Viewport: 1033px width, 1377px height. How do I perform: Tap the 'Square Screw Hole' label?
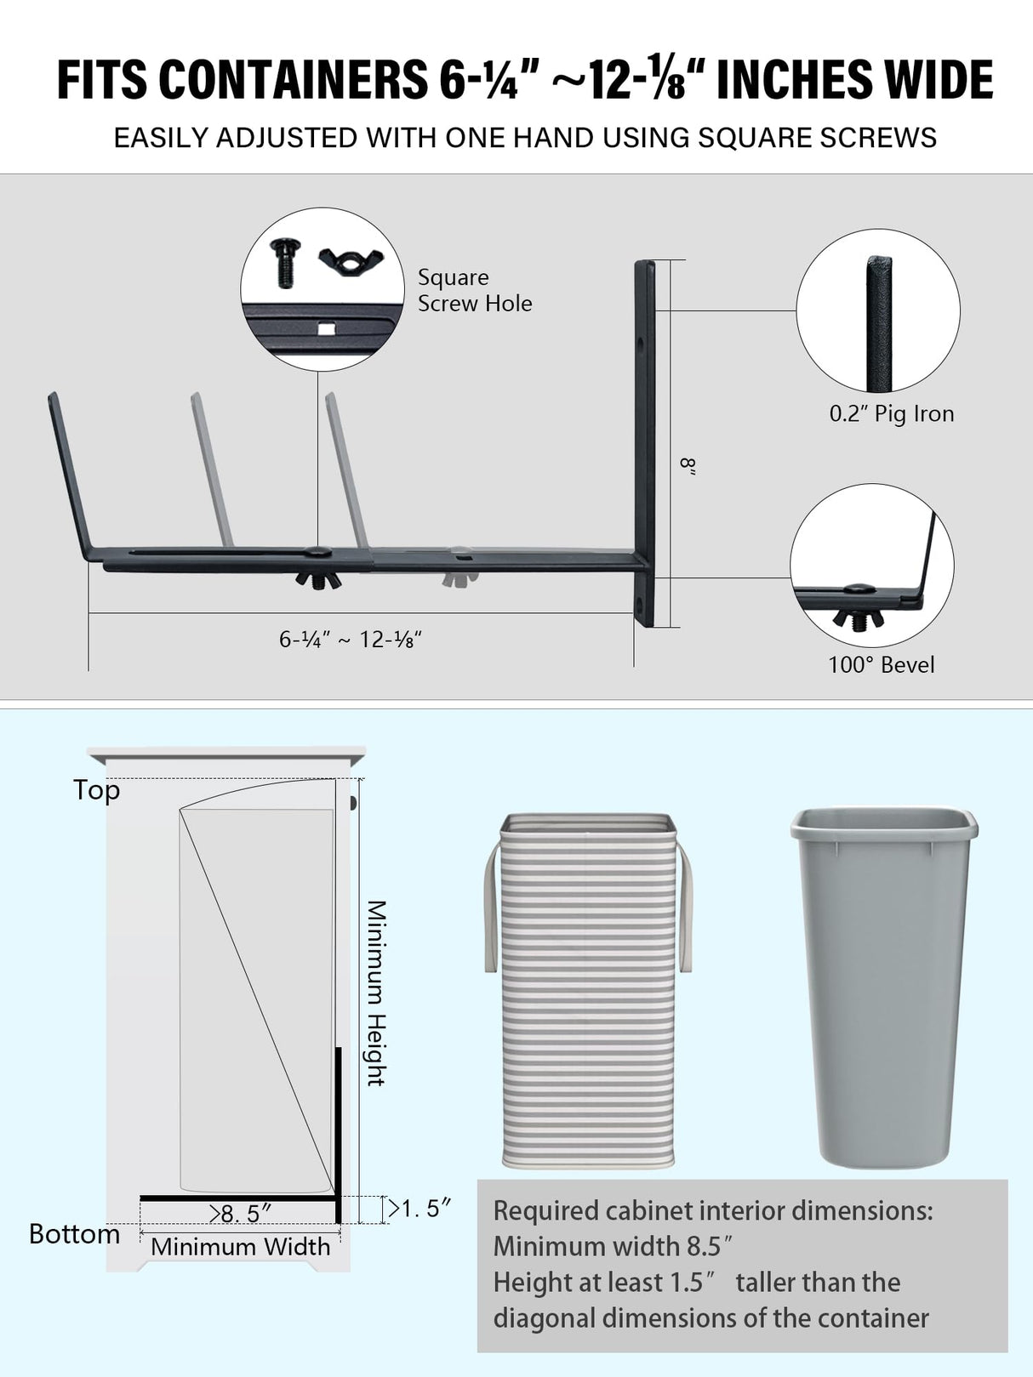click(x=474, y=290)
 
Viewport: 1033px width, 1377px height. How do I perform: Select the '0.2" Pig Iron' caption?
click(x=891, y=414)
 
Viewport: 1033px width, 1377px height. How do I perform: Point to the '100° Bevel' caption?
click(x=881, y=665)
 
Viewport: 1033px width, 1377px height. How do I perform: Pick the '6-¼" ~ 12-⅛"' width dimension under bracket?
click(x=351, y=640)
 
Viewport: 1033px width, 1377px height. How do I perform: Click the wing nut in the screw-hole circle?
click(x=351, y=257)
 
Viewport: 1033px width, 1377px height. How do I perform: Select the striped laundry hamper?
click(x=588, y=991)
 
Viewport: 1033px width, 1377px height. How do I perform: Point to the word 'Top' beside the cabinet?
click(x=96, y=790)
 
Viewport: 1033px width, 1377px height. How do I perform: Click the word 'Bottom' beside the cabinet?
click(x=74, y=1234)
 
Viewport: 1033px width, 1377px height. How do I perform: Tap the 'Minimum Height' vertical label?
click(x=377, y=993)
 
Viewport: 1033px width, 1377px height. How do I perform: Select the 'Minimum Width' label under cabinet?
click(x=241, y=1247)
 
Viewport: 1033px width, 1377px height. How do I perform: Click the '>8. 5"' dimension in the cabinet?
click(x=241, y=1214)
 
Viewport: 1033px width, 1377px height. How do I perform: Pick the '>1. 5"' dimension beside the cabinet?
click(x=419, y=1209)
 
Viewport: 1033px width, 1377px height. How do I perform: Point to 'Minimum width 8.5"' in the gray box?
click(x=613, y=1246)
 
